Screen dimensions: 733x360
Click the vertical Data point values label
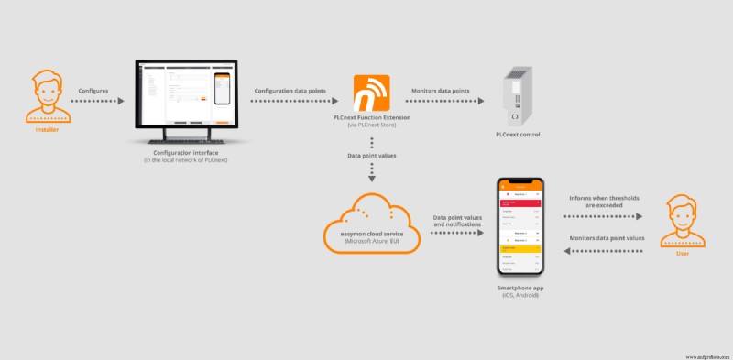point(372,157)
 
